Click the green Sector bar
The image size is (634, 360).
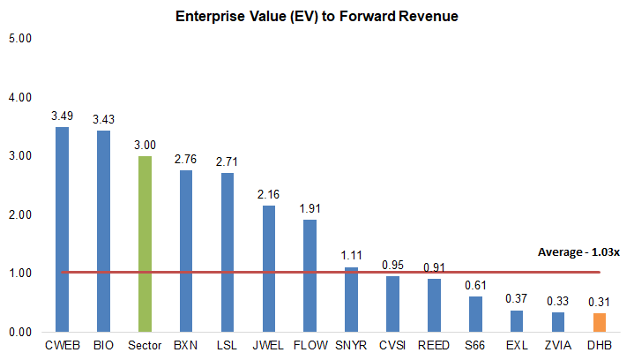(145, 244)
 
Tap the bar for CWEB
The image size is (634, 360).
(62, 229)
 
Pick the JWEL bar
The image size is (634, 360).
(269, 268)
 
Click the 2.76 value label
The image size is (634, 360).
(186, 159)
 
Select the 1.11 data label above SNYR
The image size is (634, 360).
(351, 256)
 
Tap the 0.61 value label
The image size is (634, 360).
(475, 285)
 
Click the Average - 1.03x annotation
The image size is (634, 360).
(578, 252)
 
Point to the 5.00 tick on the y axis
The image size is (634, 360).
(19, 39)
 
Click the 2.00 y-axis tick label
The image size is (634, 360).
(19, 214)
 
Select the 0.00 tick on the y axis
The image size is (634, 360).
(19, 333)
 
